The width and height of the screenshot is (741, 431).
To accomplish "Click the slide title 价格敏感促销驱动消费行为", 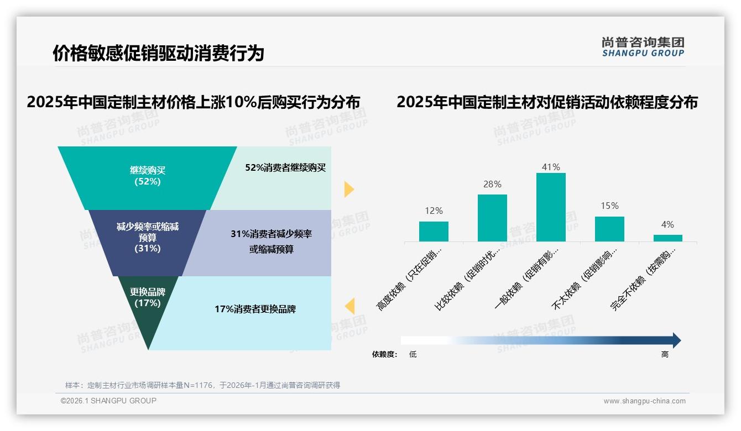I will (158, 53).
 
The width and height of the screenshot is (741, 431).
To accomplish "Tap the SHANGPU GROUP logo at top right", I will (643, 47).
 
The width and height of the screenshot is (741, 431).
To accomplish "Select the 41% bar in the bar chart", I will (551, 207).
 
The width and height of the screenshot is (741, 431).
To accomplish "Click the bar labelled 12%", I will (434, 232).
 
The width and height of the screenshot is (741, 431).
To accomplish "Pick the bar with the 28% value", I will (492, 218).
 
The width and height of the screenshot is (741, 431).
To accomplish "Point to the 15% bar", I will (609, 229).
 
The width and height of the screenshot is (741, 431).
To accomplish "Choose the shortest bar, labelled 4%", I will (667, 238).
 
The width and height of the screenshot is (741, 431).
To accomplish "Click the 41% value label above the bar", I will (551, 167).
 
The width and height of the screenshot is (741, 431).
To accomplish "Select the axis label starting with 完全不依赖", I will (644, 279).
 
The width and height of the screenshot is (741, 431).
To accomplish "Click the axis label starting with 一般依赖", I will (528, 279).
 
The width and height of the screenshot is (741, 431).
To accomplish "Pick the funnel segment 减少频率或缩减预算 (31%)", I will (147, 238).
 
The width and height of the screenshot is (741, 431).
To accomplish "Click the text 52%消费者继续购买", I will (285, 168).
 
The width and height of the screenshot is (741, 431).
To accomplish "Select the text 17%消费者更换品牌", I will (255, 309).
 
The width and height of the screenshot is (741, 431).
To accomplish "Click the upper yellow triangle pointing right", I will (348, 189).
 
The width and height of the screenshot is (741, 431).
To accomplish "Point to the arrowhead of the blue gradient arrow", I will (676, 340).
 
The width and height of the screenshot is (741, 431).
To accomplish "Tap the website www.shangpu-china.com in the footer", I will (644, 401).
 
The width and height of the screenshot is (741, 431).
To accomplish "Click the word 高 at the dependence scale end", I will (665, 355).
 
